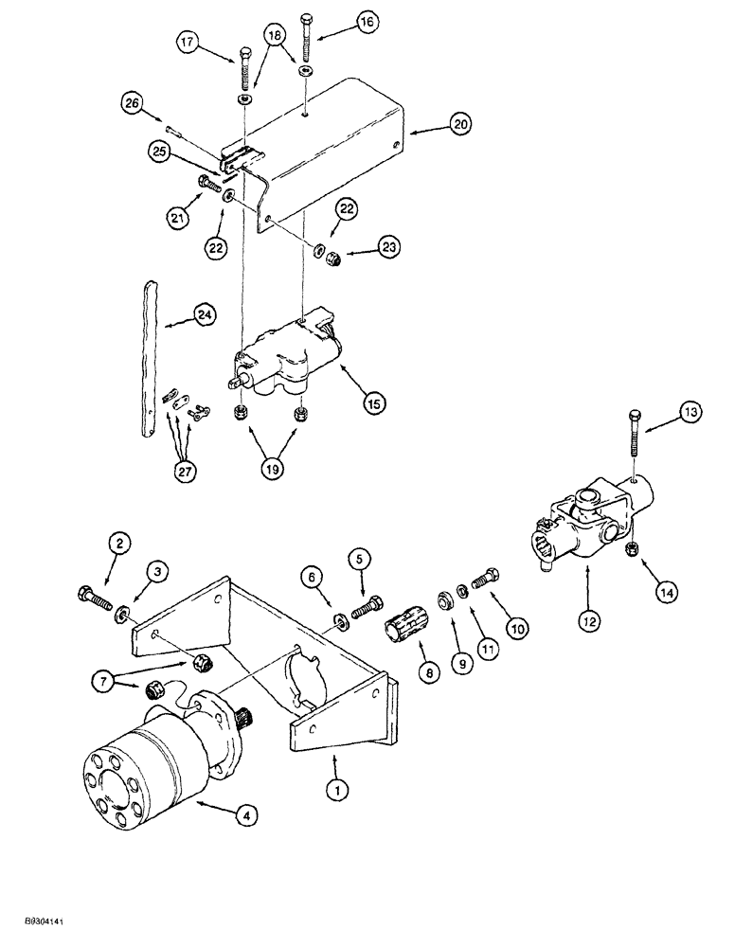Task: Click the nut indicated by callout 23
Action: coord(334,259)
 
